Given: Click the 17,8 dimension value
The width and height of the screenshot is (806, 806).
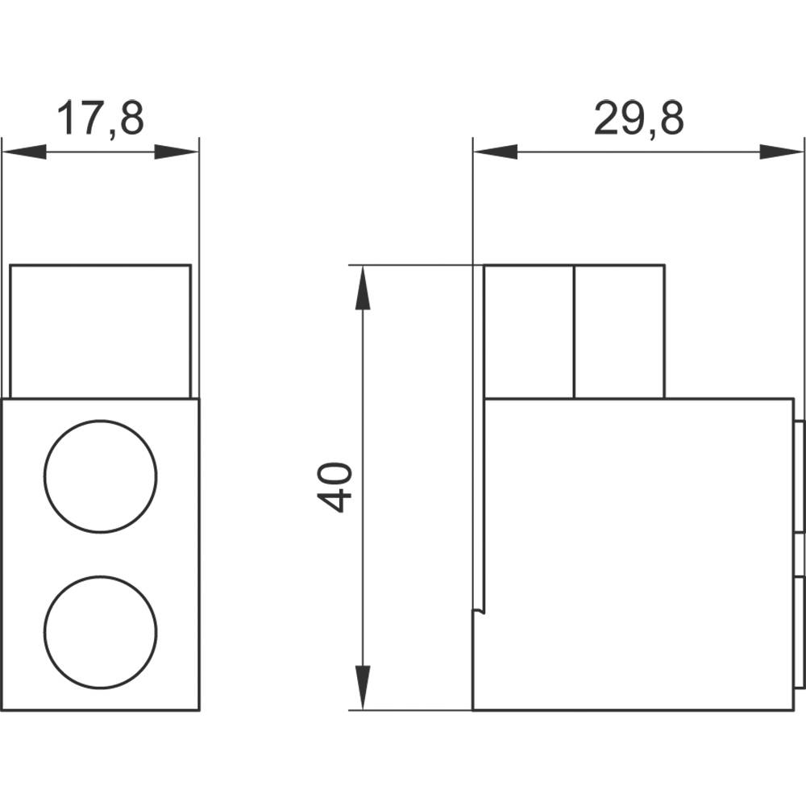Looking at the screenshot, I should pyautogui.click(x=100, y=118).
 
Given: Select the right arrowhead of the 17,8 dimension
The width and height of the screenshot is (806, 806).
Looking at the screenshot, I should pyautogui.click(x=177, y=152).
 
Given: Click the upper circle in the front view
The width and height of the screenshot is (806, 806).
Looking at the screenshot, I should pyautogui.click(x=101, y=476).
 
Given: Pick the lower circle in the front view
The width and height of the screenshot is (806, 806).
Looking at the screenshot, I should pyautogui.click(x=101, y=632).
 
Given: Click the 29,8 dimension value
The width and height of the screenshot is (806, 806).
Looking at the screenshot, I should pyautogui.click(x=638, y=118).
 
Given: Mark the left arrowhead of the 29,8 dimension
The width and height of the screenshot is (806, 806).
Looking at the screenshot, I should pyautogui.click(x=494, y=152).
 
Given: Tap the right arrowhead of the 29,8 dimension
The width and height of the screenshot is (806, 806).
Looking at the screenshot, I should pyautogui.click(x=783, y=152).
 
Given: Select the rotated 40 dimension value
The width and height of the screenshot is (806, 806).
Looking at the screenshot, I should pyautogui.click(x=335, y=487).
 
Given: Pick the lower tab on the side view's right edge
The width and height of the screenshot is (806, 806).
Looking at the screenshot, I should pyautogui.click(x=800, y=633).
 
